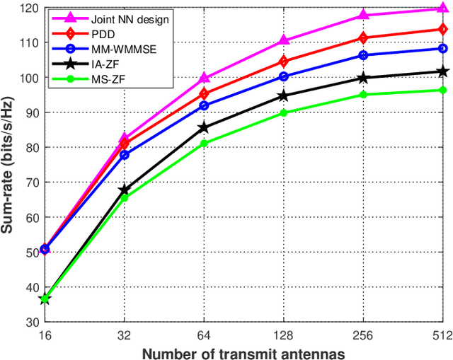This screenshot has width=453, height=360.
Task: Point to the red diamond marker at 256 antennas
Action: [x=363, y=38]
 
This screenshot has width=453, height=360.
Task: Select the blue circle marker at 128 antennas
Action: [x=283, y=76]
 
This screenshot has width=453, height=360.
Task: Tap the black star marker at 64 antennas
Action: [x=204, y=128]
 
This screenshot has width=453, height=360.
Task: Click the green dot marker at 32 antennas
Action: [x=124, y=198]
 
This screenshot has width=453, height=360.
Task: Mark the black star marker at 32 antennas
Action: [x=124, y=190]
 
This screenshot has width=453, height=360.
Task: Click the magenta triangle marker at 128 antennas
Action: [x=283, y=41]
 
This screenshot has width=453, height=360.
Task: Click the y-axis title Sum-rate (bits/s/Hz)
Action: [x=9, y=164]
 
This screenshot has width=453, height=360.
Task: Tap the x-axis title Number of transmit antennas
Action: [x=243, y=352]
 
